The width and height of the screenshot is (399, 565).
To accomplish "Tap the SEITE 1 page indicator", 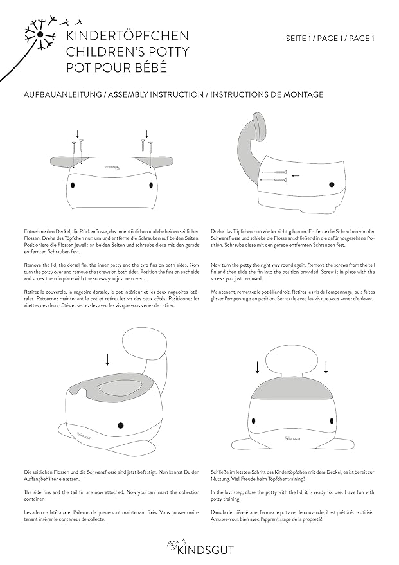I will pyautogui.click(x=301, y=39).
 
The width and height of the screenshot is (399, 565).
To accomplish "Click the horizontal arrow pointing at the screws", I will pyautogui.click(x=296, y=175).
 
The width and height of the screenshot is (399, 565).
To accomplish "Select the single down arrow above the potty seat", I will pyautogui.click(x=108, y=358).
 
